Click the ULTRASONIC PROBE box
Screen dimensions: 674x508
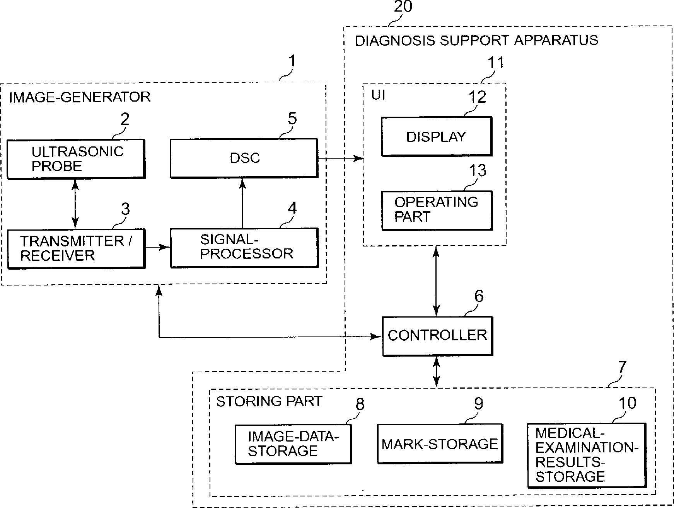click(x=76, y=159)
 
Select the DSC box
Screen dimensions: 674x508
click(x=244, y=158)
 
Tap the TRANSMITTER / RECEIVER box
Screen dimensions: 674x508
click(x=76, y=249)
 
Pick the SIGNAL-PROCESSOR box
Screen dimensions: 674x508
click(x=244, y=248)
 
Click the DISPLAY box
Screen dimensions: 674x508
click(x=437, y=137)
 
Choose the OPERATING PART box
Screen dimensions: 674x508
click(x=437, y=211)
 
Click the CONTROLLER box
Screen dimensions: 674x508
click(x=437, y=336)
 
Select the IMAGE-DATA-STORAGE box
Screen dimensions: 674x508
click(x=293, y=444)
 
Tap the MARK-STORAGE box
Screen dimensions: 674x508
click(x=440, y=443)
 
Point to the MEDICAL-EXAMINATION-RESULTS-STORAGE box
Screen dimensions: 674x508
click(x=587, y=455)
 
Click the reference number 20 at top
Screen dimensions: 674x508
click(x=403, y=7)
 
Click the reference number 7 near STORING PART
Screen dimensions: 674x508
click(x=622, y=367)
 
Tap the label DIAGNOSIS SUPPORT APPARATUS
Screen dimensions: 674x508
click(x=476, y=41)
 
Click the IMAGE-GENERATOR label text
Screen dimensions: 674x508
click(x=80, y=97)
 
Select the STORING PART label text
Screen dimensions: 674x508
click(x=269, y=401)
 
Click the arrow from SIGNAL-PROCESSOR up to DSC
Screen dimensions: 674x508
click(x=242, y=202)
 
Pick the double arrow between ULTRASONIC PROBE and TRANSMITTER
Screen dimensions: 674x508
click(x=75, y=204)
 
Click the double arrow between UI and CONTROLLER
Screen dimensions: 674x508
click(x=437, y=281)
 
